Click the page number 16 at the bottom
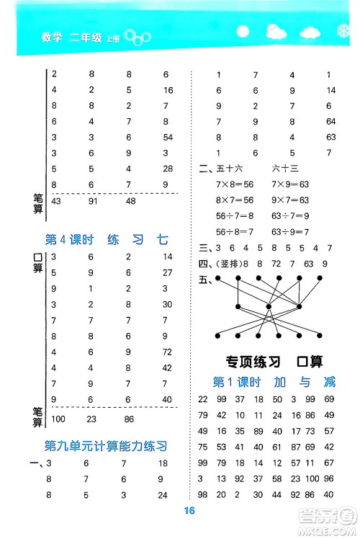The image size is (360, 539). [189, 512]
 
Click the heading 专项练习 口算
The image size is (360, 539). [273, 362]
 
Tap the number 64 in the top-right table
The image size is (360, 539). [330, 121]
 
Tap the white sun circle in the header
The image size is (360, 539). [242, 33]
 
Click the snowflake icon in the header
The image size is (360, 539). [343, 33]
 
